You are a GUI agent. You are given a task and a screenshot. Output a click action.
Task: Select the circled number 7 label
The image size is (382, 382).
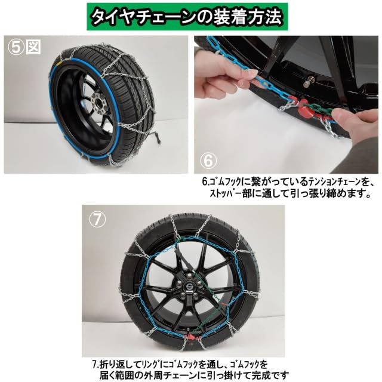pyautogui.click(x=97, y=219)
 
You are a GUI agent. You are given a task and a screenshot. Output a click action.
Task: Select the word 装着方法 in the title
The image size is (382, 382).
pyautogui.click(x=250, y=16)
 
